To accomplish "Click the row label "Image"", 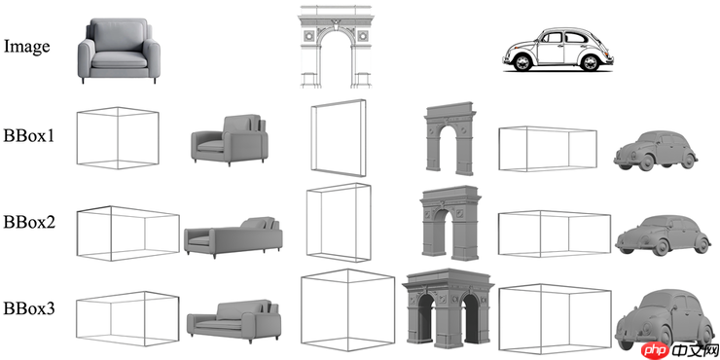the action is pos(26,47).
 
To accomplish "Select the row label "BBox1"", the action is pos(29,136).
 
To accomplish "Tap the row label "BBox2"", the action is pos(29,222).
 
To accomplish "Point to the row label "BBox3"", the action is pos(29,308).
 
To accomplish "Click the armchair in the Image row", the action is pos(119,51).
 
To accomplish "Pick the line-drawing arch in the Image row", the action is pos(336,47).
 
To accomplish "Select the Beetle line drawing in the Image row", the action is pos(558,50).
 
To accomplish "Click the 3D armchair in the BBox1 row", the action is pos(230,139).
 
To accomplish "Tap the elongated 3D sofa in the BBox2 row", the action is pos(234,237).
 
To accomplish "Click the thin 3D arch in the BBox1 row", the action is pos(450,139).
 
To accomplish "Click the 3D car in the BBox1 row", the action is pos(655,151).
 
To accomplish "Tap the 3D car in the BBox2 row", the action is pos(662,235).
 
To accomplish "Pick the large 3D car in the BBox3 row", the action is pos(663,319).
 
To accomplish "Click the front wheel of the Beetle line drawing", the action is pos(522,62).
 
